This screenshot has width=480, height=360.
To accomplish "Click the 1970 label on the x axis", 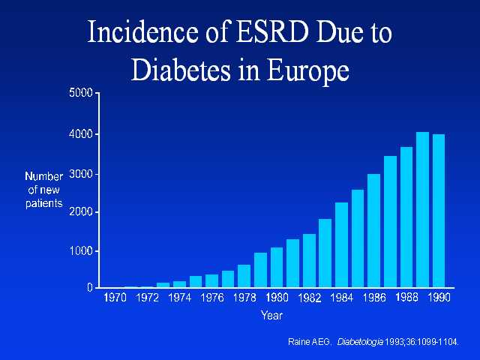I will (x=114, y=298).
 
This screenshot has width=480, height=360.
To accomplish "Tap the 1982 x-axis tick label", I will (x=309, y=298).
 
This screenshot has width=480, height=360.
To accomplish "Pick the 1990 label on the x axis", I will (x=439, y=298).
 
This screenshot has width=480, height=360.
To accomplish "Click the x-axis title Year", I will (x=271, y=316).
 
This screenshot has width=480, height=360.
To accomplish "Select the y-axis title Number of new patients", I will (x=44, y=190).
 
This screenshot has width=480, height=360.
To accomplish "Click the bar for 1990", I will (x=439, y=211).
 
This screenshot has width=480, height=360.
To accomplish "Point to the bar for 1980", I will (x=277, y=268).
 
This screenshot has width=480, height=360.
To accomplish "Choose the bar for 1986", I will (x=374, y=231).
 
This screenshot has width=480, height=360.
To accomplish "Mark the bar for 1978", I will (x=244, y=276).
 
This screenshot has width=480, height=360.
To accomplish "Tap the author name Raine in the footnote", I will (x=300, y=342).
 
